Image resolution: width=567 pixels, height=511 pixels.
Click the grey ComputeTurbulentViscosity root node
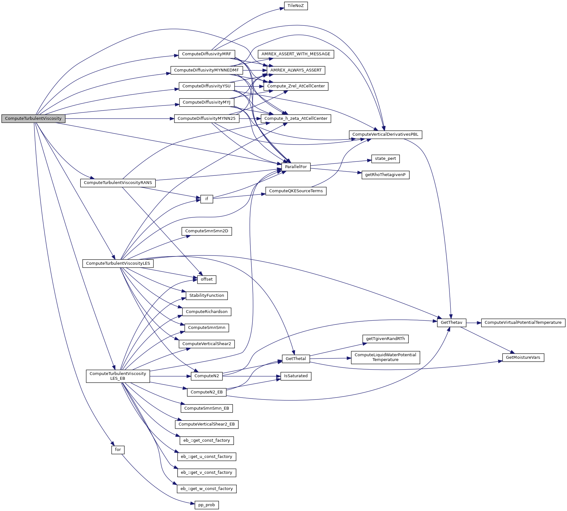(33, 119)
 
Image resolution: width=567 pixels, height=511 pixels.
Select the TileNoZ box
(296, 6)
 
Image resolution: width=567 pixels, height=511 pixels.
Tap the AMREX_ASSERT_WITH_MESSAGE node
(296, 54)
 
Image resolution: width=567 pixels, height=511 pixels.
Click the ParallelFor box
(296, 167)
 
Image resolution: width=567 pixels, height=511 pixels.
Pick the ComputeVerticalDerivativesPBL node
(385, 134)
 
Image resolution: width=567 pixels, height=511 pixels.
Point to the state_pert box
(385, 159)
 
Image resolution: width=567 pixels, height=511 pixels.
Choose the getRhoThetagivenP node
(385, 175)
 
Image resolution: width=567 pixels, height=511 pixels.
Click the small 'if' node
(207, 199)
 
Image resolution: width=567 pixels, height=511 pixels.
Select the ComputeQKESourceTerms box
(296, 191)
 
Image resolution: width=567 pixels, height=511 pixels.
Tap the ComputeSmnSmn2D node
(207, 231)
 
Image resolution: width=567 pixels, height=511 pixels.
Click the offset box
(207, 279)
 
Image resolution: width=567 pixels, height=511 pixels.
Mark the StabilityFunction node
(207, 296)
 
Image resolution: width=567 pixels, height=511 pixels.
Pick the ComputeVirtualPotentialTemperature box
(523, 323)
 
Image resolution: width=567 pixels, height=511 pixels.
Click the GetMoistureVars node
(523, 358)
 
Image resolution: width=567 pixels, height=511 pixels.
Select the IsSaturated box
(296, 376)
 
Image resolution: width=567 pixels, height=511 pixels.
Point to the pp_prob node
(207, 505)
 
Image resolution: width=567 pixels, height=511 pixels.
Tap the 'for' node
(118, 450)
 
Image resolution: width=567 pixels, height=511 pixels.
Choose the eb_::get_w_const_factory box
(207, 489)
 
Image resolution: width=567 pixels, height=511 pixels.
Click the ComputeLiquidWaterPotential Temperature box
(385, 357)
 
